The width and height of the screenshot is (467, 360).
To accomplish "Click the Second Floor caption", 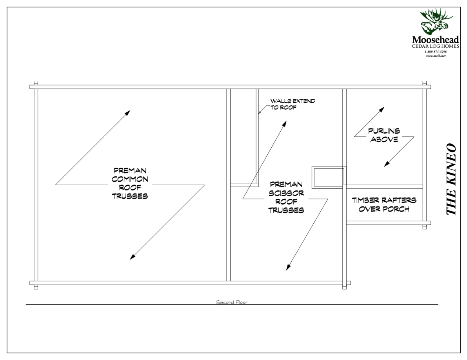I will click(x=232, y=302).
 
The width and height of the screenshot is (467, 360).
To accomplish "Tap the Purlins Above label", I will click(x=383, y=135).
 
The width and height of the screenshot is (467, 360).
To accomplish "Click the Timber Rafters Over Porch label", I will click(x=384, y=204).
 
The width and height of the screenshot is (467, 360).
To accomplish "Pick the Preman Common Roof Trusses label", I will click(x=130, y=183).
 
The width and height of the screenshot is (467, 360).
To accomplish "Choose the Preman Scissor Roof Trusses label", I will click(x=286, y=197).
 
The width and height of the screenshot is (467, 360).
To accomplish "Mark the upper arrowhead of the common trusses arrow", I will click(x=127, y=112).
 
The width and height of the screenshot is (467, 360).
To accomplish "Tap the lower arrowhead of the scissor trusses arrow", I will click(x=288, y=267).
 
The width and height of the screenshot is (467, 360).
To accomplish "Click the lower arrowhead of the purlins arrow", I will click(x=387, y=164).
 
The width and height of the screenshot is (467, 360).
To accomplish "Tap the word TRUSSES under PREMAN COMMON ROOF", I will click(x=130, y=196).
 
